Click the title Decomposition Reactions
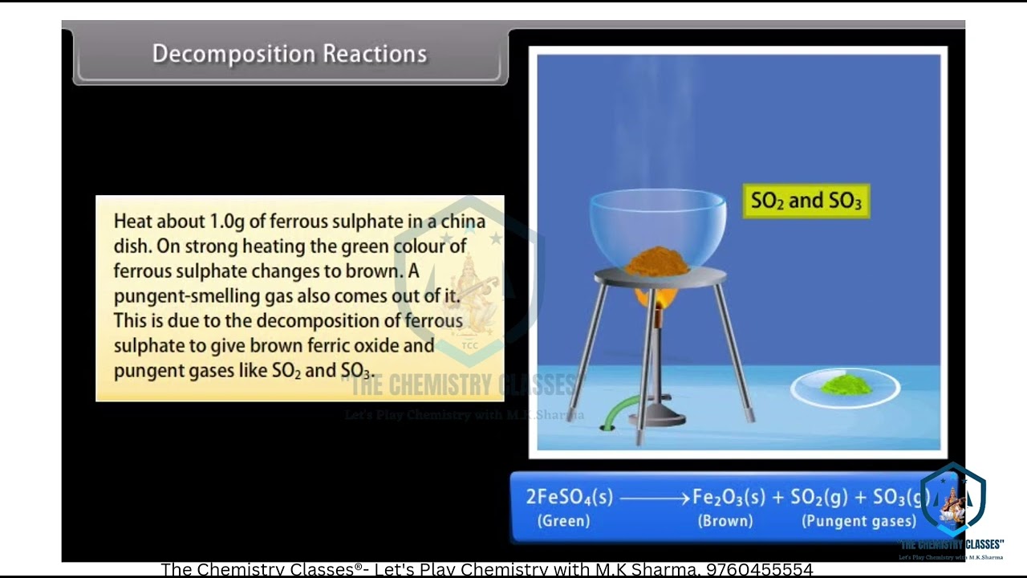tap(290, 54)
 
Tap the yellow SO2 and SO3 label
tap(806, 201)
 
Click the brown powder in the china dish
tap(657, 262)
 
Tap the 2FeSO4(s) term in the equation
tap(569, 498)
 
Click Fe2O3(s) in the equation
tap(729, 498)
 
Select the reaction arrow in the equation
tap(653, 499)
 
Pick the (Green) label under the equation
tap(563, 521)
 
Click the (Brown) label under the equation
tap(725, 521)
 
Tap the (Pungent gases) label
tap(859, 521)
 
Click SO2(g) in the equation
tap(819, 498)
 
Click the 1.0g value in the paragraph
tap(227, 221)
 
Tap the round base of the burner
tap(656, 416)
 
